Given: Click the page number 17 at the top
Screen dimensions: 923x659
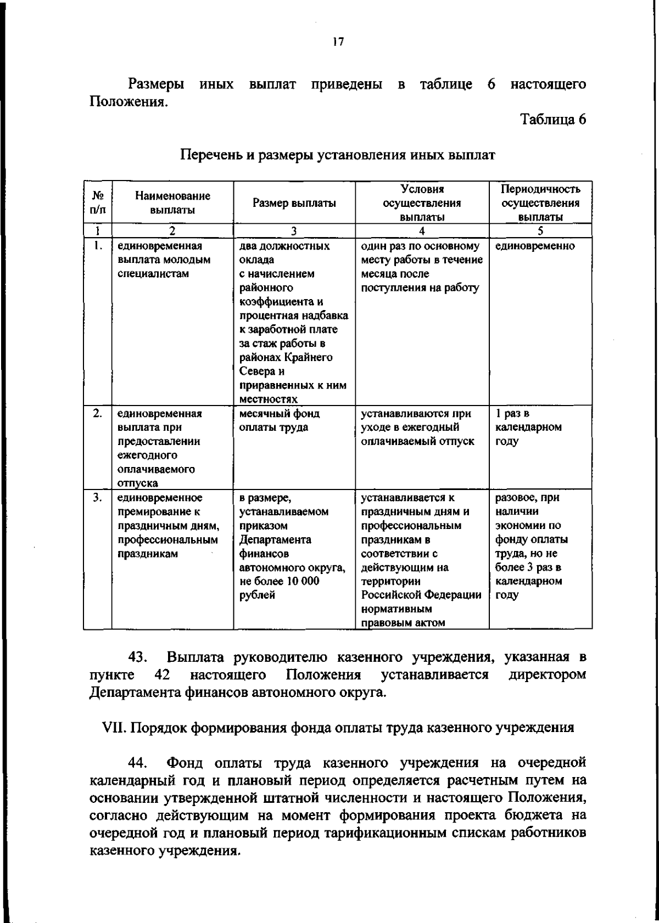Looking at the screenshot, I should click(338, 42).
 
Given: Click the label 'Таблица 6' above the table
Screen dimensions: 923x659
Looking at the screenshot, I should click(553, 119).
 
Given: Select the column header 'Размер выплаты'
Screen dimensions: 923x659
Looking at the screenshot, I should click(294, 203).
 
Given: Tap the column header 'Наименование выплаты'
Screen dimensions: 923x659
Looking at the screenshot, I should click(172, 202).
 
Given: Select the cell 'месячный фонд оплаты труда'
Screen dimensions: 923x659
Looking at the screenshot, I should click(280, 420).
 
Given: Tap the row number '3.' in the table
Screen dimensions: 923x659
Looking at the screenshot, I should click(97, 498).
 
